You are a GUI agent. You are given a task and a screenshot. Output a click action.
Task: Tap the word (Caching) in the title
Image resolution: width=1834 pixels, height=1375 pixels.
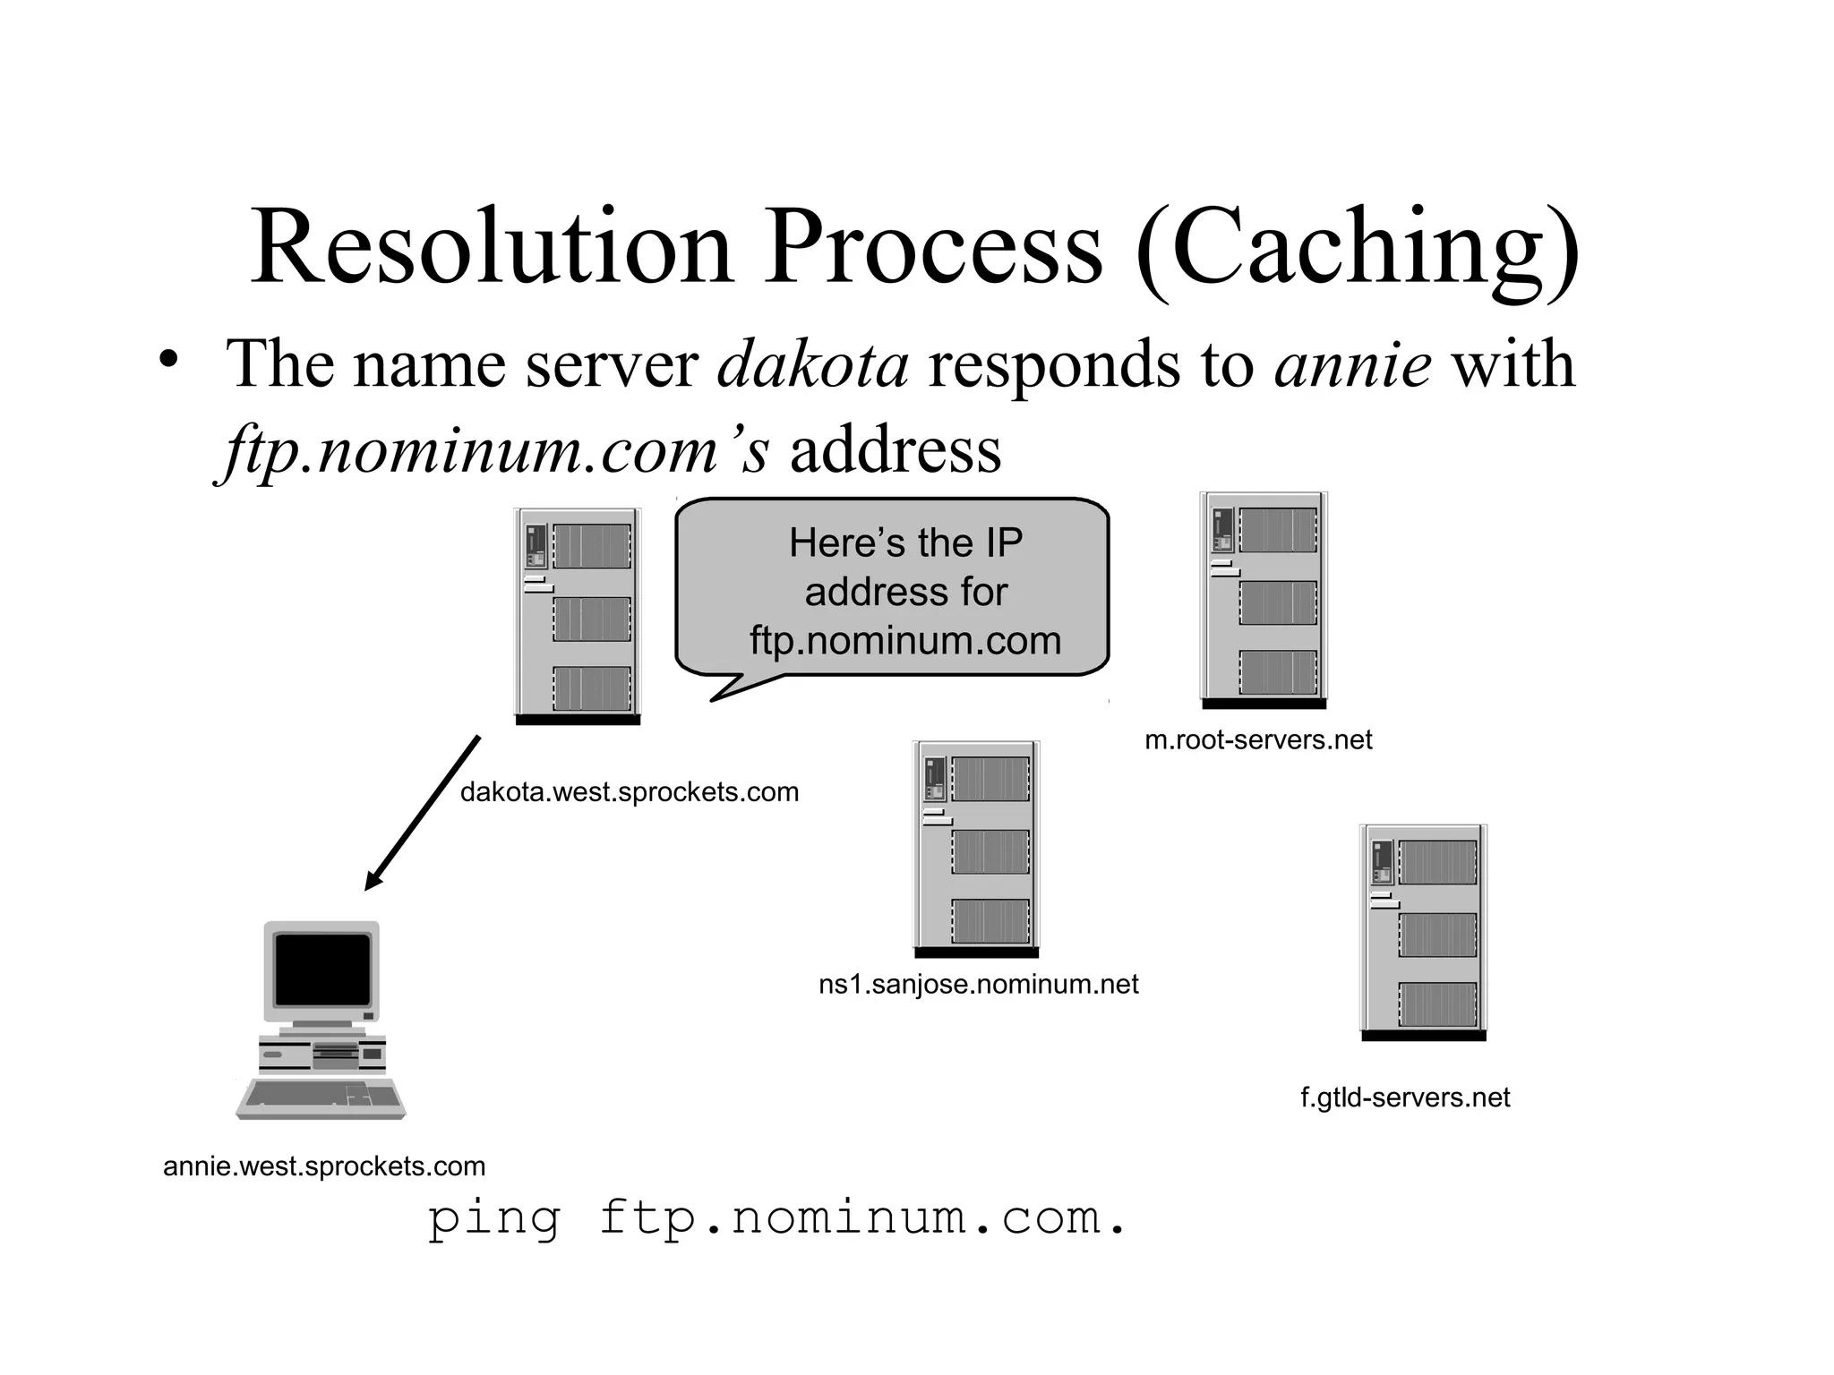tap(1358, 249)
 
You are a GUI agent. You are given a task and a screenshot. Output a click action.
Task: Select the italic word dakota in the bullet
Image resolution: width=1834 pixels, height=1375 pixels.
tap(812, 365)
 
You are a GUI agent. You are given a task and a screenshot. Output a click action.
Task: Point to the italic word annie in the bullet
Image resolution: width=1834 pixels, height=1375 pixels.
tap(1351, 365)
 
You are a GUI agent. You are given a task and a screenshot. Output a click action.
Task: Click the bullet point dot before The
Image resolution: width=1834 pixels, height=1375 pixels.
tap(167, 360)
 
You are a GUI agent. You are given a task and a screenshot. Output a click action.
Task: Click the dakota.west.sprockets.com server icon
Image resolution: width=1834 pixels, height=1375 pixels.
tap(578, 616)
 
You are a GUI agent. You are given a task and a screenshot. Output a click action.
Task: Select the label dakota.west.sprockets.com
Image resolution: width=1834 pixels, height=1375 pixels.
tap(629, 792)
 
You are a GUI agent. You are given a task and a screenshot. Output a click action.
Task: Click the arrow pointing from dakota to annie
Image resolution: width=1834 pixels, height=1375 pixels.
tap(424, 812)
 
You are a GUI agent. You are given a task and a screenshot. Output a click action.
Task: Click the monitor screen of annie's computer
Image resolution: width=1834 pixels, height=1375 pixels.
tap(322, 969)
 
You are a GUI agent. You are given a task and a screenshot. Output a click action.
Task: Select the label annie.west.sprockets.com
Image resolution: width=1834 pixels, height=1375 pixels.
tap(324, 1166)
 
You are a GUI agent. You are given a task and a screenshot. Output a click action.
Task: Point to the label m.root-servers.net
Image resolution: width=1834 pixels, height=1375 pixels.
tap(1258, 740)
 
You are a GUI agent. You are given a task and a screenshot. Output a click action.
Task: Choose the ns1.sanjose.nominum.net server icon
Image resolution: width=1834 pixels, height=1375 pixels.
tap(976, 849)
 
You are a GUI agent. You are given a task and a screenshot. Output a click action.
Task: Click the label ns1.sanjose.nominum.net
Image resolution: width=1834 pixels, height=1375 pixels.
tap(978, 985)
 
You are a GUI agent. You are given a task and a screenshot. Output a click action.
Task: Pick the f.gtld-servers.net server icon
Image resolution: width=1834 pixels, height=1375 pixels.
tap(1423, 932)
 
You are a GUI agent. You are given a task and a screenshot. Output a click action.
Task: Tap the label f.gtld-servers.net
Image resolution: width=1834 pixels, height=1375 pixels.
tap(1405, 1097)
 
